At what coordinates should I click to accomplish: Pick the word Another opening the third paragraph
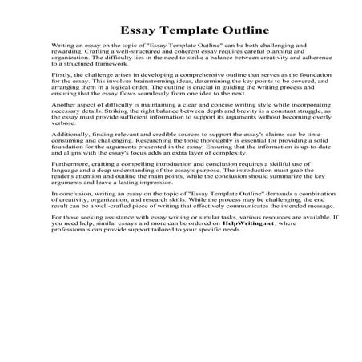coord(63,126)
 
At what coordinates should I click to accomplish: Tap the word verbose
coord(62,151)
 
